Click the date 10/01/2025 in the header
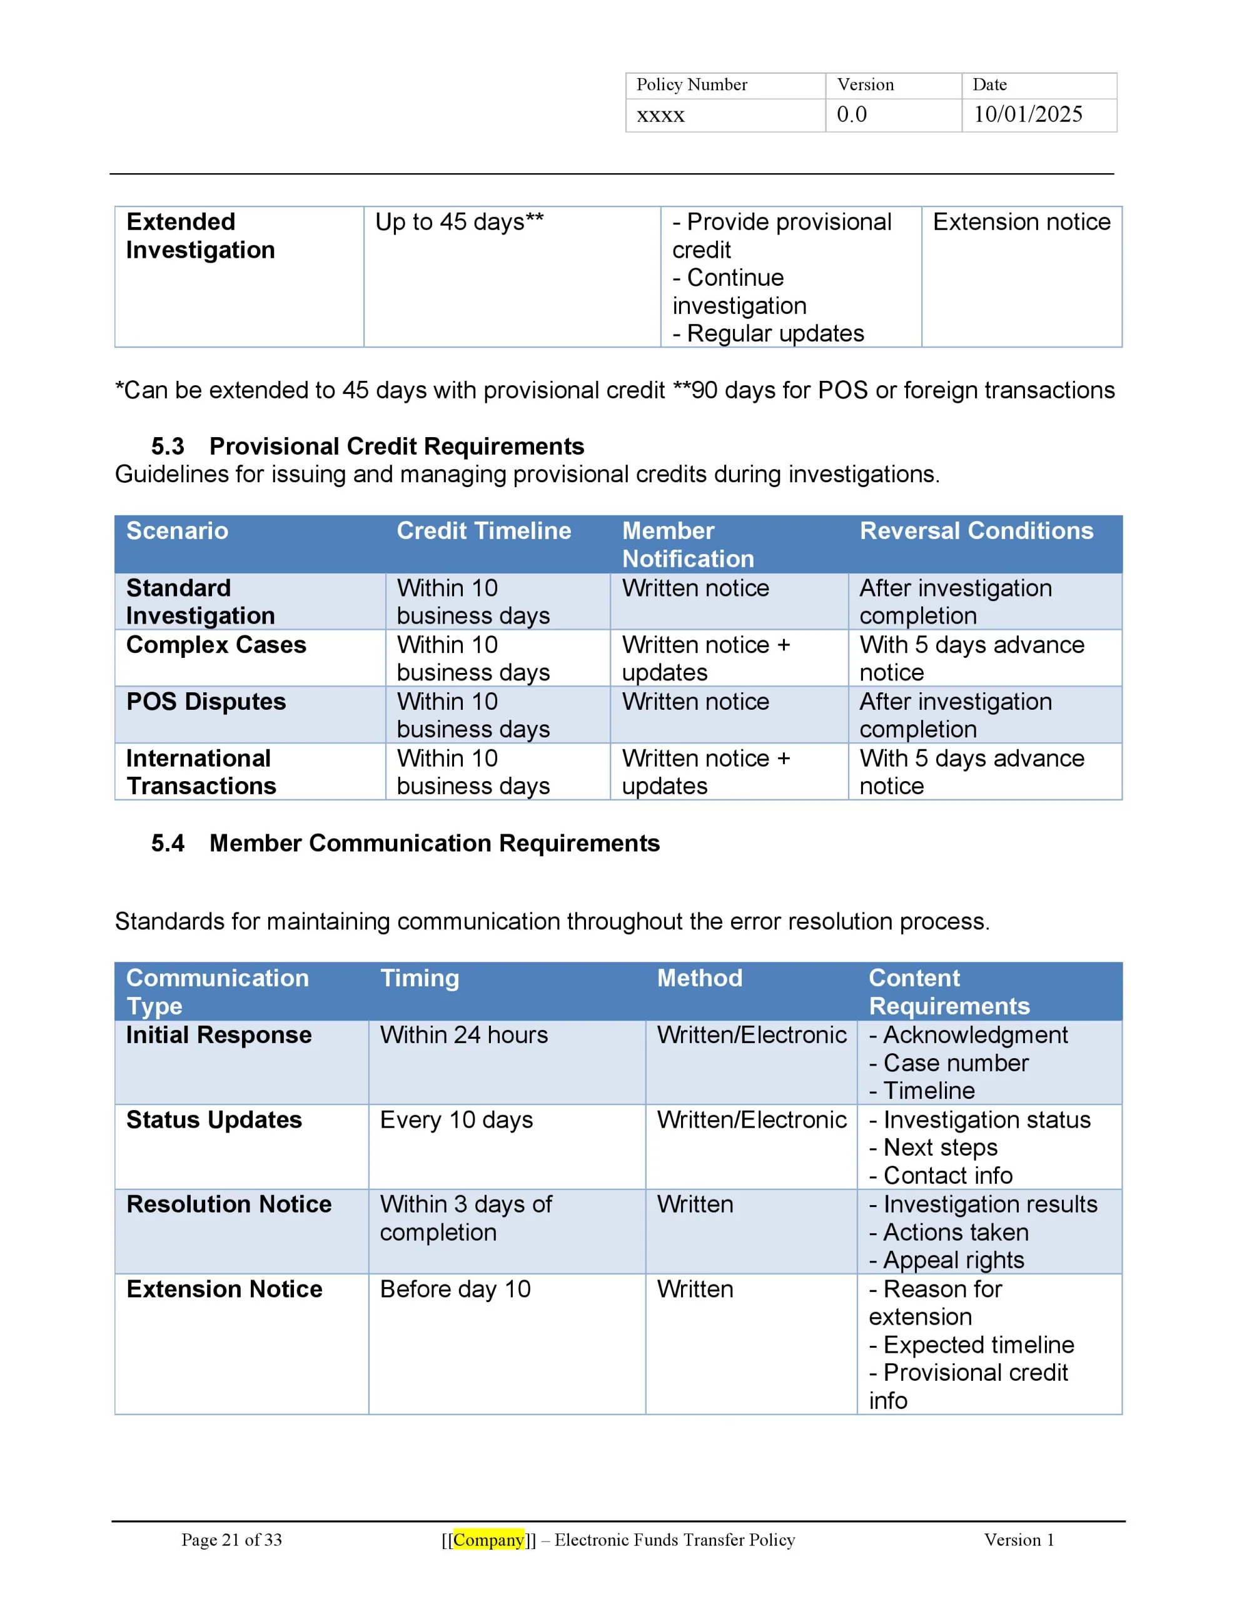point(1027,114)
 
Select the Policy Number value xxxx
point(660,115)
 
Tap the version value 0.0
point(851,114)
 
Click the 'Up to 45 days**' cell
point(459,221)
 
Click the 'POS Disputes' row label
point(206,702)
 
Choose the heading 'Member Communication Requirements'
point(434,843)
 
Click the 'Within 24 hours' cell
point(463,1034)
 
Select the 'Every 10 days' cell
point(456,1119)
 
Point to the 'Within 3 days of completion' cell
point(466,1218)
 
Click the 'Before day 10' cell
point(455,1289)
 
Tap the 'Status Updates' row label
point(213,1119)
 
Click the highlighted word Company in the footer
point(488,1540)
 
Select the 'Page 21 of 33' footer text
point(232,1540)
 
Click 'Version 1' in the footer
point(1019,1540)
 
